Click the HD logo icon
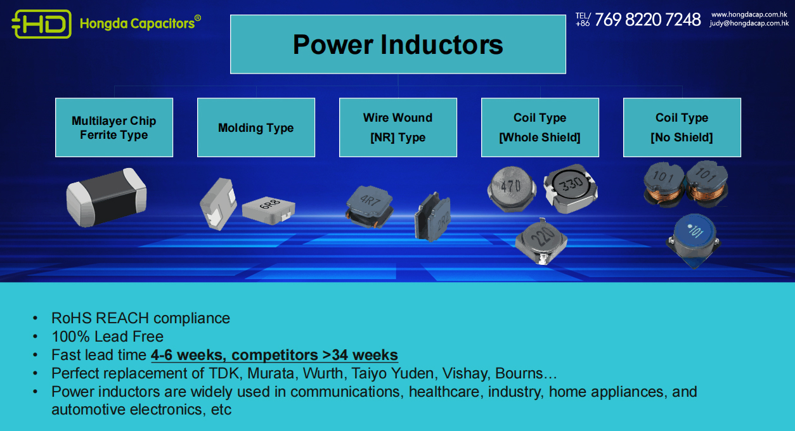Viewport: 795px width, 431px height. coord(41,23)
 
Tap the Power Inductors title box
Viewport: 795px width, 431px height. coord(398,44)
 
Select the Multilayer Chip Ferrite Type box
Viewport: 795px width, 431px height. coord(114,127)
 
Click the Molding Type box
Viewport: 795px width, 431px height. coord(256,127)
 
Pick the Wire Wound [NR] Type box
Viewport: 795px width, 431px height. coord(398,127)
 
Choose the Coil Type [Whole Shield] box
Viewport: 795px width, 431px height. coord(540,127)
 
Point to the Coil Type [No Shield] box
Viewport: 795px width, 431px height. coord(682,127)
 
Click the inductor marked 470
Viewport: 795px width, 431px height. coord(512,189)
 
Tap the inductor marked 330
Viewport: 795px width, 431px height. coord(571,189)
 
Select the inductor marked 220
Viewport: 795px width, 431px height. coord(541,242)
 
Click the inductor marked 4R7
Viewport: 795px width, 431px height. coord(370,207)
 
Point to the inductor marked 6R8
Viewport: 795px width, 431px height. coord(269,210)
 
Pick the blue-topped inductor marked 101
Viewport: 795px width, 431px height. coord(694,240)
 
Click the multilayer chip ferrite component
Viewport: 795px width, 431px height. coord(107,197)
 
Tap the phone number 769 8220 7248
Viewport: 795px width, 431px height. coord(648,20)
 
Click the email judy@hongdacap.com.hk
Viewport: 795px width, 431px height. coord(749,23)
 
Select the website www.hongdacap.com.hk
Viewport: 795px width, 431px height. coord(749,15)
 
